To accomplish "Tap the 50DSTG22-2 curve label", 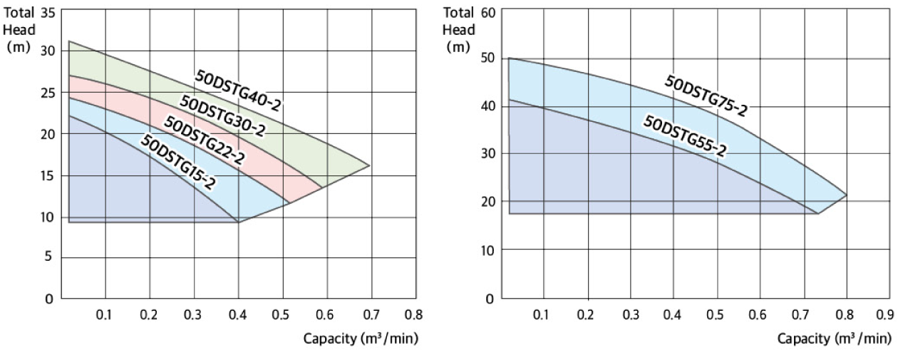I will pos(205,140).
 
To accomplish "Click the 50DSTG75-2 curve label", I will pos(705,95).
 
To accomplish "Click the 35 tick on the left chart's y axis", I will pos(48,12).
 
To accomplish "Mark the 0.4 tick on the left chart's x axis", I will pos(237,314).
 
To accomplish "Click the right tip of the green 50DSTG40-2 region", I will pos(369,165).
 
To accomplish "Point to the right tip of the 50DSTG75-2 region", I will pos(846,195).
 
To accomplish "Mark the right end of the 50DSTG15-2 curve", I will pos(238,222).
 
